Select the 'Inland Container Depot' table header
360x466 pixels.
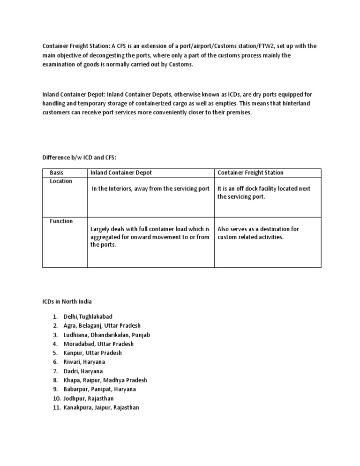click(x=121, y=173)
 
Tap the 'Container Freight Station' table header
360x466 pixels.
click(x=250, y=173)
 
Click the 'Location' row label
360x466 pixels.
click(x=61, y=181)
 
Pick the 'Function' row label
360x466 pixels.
click(x=61, y=221)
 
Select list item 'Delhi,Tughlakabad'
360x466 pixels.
click(x=88, y=317)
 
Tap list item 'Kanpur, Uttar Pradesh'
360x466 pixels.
click(x=92, y=353)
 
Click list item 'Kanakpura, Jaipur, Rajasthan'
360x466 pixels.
click(x=101, y=407)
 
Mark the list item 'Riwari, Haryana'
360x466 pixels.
click(x=84, y=362)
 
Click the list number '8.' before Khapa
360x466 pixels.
click(x=55, y=380)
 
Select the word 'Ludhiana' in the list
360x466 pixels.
click(x=76, y=335)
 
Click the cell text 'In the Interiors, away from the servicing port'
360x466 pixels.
click(x=150, y=188)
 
